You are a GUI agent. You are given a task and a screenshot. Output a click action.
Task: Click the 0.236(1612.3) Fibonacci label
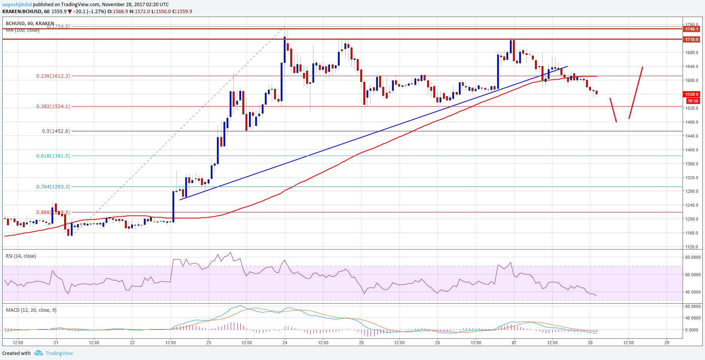(x=53, y=76)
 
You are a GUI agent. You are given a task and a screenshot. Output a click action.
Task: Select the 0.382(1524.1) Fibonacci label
(x=53, y=106)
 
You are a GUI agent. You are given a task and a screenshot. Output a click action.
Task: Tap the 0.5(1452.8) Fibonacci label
(x=56, y=131)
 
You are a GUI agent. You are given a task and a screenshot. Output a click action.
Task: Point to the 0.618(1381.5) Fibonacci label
(x=53, y=156)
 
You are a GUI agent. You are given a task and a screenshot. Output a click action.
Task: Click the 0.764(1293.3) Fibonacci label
(x=53, y=187)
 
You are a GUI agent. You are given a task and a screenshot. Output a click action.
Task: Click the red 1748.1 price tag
(x=691, y=29)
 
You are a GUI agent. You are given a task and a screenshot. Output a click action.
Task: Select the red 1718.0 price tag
(x=691, y=39)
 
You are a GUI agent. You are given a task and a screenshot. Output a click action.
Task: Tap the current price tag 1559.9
(x=691, y=94)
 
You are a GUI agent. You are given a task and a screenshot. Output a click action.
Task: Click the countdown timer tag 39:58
(x=693, y=101)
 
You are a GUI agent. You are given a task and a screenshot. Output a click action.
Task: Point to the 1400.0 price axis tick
(x=692, y=150)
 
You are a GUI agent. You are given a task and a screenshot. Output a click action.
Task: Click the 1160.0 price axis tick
(x=692, y=233)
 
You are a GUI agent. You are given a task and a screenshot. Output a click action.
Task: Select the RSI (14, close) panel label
(x=21, y=256)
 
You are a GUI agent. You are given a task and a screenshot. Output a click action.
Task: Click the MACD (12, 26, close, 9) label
(x=31, y=310)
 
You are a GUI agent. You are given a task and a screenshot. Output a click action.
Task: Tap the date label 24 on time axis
(x=285, y=343)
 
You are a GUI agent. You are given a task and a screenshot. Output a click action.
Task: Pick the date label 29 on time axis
(x=667, y=343)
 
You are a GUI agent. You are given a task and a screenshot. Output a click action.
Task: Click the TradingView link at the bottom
(x=59, y=353)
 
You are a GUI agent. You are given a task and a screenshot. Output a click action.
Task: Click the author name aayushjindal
(x=17, y=5)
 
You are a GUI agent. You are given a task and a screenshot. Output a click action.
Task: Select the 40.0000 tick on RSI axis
(x=693, y=292)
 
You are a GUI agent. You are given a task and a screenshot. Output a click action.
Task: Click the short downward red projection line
(x=613, y=110)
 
